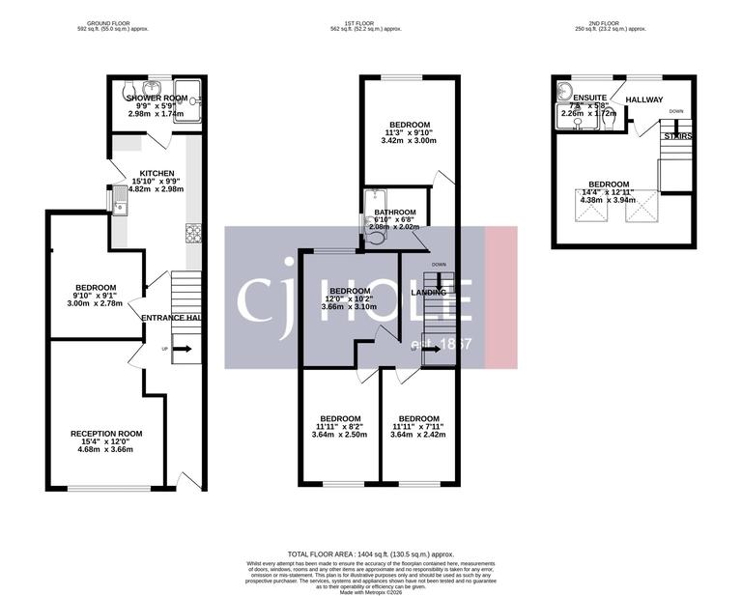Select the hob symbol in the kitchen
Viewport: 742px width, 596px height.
(192, 232)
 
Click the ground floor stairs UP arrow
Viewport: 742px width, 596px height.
(183, 349)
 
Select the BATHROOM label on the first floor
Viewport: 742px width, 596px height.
(395, 213)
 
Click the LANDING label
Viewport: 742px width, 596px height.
(429, 292)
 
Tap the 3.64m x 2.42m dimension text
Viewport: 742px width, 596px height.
(417, 435)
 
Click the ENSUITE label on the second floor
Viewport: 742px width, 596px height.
(589, 99)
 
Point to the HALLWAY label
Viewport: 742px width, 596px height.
(646, 99)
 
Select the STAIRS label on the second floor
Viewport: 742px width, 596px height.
(677, 136)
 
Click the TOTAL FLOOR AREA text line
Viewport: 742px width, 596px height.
(370, 553)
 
